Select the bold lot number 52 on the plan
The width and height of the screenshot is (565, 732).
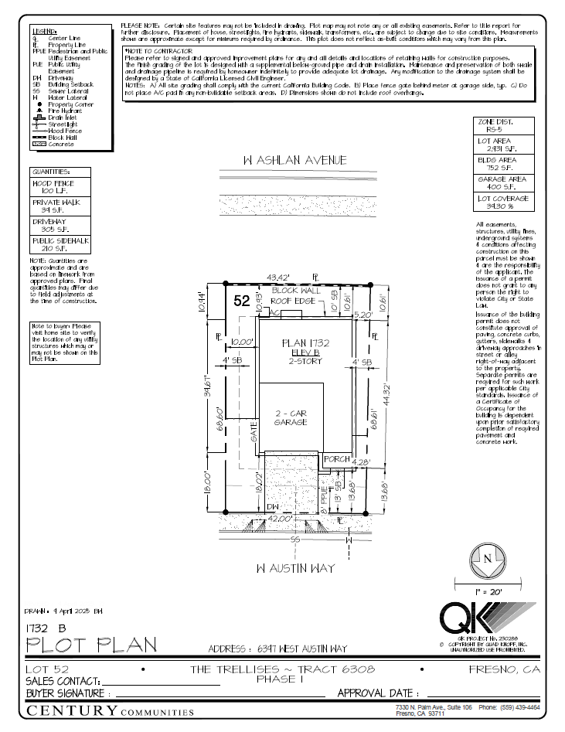(x=242, y=302)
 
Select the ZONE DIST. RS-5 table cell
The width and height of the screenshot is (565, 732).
(x=502, y=126)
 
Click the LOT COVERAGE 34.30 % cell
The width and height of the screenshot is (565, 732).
(x=502, y=202)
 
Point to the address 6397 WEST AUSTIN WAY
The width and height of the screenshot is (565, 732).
(x=278, y=649)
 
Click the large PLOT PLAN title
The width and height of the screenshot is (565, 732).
(x=91, y=644)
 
